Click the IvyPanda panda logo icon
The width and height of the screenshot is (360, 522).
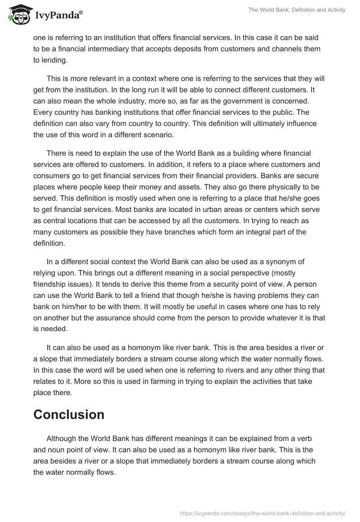17,15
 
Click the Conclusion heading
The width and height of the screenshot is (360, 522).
68,414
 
